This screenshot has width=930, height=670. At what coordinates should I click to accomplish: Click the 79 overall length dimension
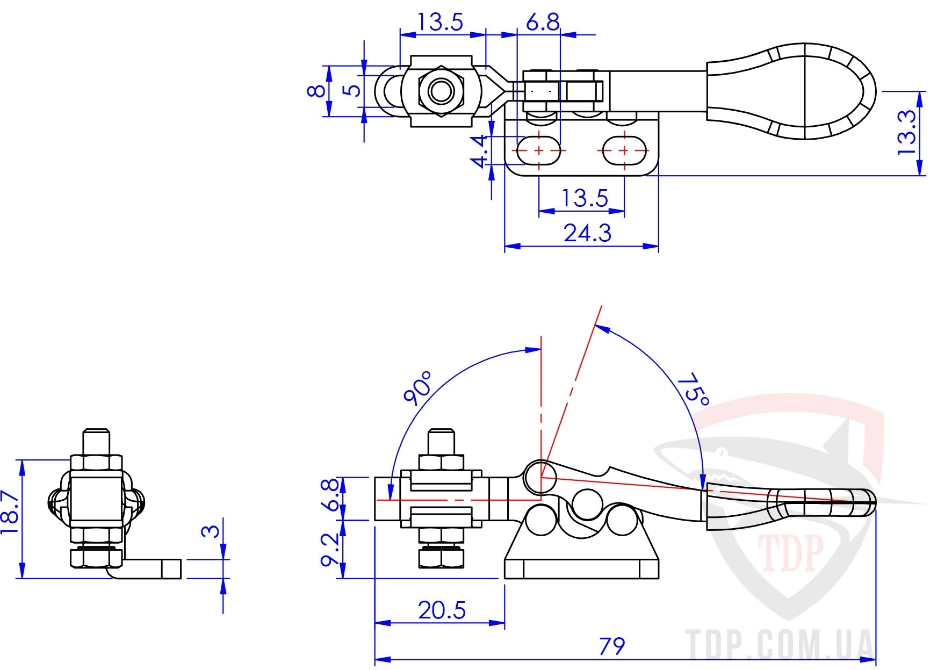(611, 646)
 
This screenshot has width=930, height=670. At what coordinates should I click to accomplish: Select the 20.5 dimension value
(442, 610)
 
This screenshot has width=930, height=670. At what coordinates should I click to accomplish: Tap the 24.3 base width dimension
(588, 233)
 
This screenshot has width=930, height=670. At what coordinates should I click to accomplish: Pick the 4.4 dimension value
(479, 152)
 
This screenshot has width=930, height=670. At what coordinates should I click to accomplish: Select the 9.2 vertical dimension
(331, 549)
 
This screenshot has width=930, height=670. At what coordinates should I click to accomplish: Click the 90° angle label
(418, 387)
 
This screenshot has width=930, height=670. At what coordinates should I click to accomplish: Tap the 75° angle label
(694, 389)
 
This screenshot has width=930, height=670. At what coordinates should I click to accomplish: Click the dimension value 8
(316, 90)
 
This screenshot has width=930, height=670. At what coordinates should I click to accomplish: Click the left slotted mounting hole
(538, 150)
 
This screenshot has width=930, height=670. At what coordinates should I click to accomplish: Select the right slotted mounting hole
(624, 150)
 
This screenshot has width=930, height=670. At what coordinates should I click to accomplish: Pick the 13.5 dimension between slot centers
(585, 198)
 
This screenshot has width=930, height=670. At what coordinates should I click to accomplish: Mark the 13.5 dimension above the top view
(440, 23)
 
